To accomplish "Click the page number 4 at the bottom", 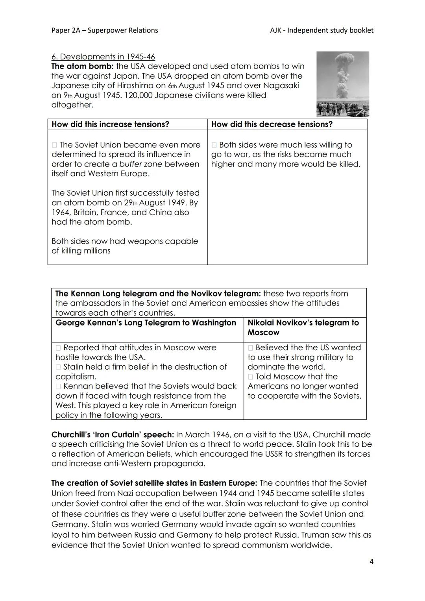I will [371, 562].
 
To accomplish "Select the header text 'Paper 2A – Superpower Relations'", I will [105, 30].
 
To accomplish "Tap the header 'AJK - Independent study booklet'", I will [322, 30].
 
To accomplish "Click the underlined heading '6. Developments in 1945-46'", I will [103, 57].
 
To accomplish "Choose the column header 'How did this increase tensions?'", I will [110, 124].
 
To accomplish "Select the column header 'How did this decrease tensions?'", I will [272, 124].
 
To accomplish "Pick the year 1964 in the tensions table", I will [62, 213].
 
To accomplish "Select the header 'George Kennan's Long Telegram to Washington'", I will [146, 323].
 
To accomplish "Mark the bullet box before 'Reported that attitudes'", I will [58, 348].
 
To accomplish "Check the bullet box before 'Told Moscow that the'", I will [250, 377].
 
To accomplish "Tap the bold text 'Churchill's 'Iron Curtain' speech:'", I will [113, 435].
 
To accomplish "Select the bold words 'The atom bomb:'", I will [83, 67].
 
